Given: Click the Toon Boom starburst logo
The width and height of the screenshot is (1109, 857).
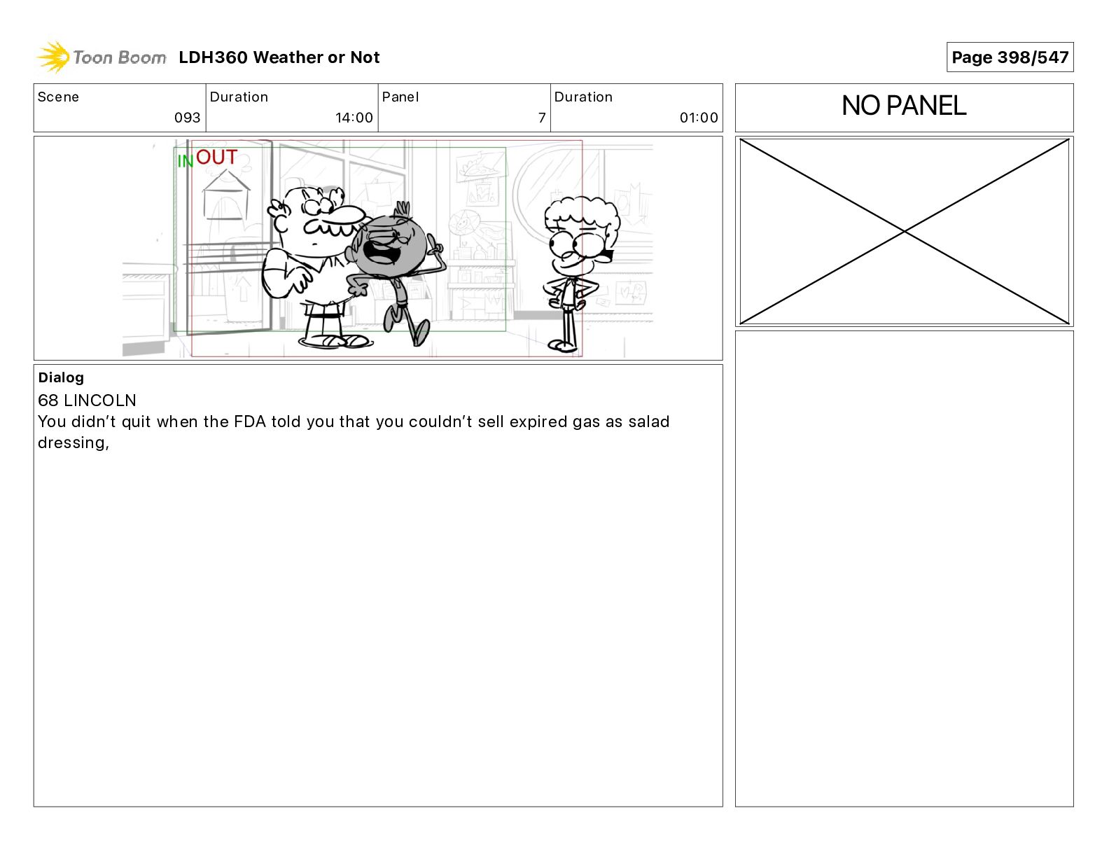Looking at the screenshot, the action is coord(53,57).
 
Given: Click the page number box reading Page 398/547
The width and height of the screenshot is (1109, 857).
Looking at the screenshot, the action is coord(1010,57).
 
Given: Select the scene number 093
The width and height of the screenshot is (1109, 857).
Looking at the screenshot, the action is coord(187,118).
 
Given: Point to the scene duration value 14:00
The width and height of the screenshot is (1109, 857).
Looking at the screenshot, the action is coord(354,118).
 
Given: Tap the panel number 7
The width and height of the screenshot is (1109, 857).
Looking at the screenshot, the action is coord(542,118).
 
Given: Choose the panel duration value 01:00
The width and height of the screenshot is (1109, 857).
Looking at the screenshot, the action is coord(699,118).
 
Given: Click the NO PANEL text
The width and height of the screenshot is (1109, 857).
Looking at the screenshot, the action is coord(904,106).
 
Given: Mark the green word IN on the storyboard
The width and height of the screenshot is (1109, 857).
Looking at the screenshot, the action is coord(186,161).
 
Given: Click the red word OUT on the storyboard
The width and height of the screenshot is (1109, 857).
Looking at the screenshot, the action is coord(216,158).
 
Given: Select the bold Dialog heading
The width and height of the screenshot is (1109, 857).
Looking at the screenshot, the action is coord(61,377).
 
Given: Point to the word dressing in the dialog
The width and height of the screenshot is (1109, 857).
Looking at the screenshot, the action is coord(72,443).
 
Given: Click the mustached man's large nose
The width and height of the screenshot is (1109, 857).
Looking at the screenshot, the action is coord(349,214).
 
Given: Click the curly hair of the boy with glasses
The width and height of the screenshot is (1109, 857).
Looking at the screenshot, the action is coord(582,214).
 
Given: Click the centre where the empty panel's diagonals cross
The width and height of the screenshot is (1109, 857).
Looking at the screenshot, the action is coord(904,231).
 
